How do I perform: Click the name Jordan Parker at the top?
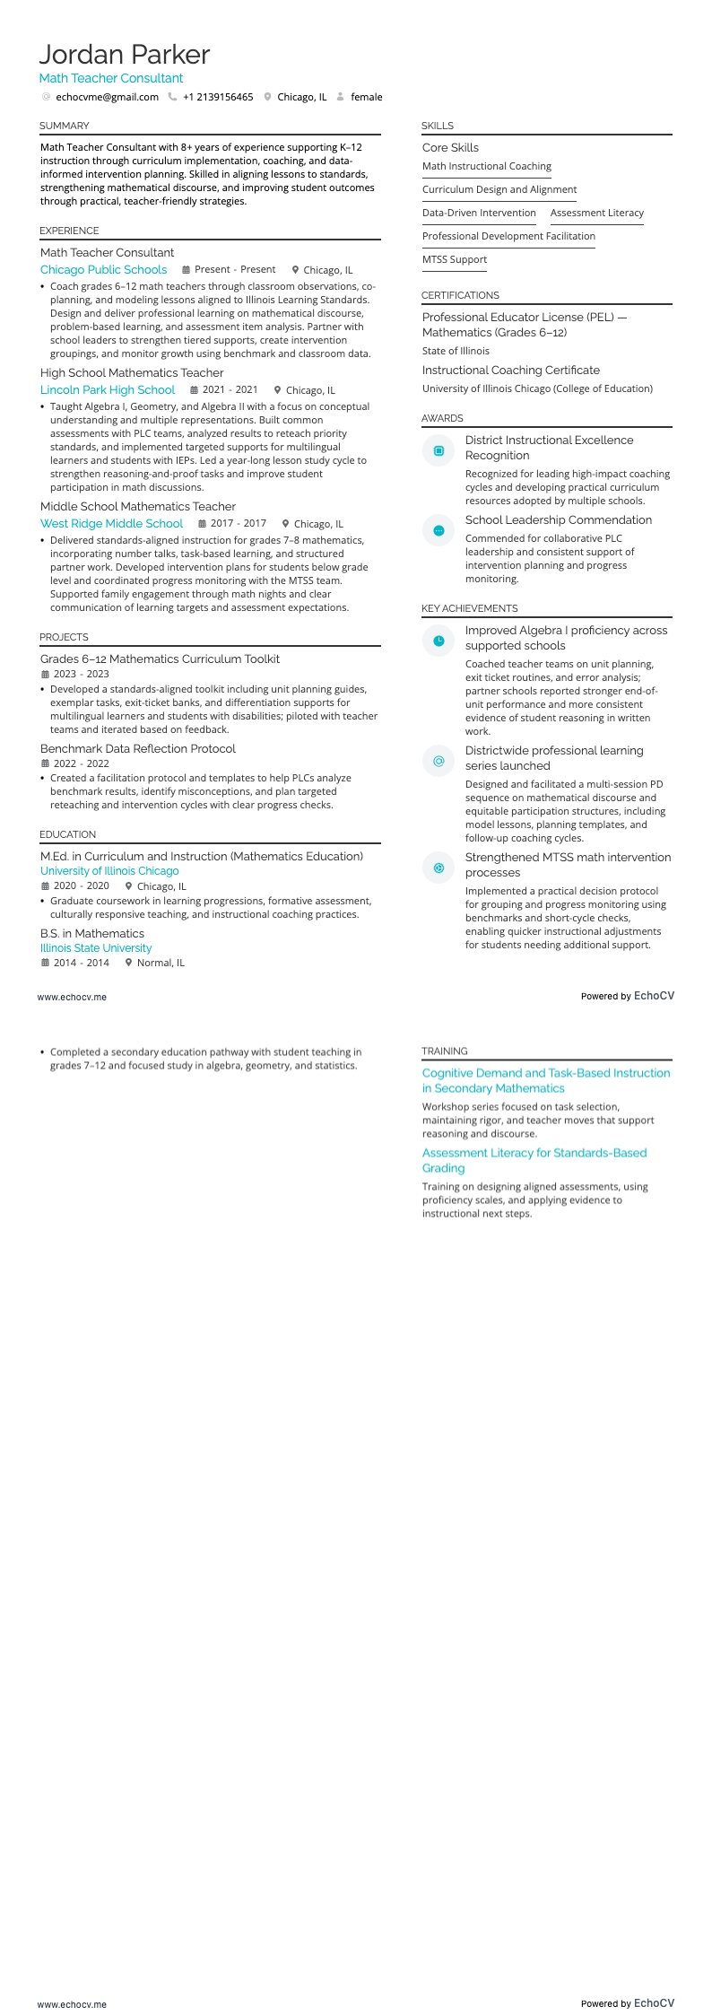pos(125,55)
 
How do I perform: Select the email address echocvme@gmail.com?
pos(107,97)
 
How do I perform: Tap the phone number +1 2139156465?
pos(218,97)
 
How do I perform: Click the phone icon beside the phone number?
pos(172,97)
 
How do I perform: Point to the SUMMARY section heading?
pos(65,126)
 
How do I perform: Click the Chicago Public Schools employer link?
pos(103,269)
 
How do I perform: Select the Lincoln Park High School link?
pos(108,389)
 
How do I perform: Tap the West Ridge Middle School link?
pos(111,523)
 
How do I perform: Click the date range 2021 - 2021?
pos(230,389)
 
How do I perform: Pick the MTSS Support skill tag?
pos(455,259)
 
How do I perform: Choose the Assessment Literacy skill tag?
pos(597,213)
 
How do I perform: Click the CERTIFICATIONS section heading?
pos(460,295)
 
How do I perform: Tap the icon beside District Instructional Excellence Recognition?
pos(438,450)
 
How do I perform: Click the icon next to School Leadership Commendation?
pos(438,530)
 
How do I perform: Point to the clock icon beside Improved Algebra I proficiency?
pos(438,641)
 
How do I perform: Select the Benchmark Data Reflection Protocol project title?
pos(138,748)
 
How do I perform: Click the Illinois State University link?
pos(96,948)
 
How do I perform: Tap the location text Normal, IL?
pos(161,963)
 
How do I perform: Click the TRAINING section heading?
pos(445,1051)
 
